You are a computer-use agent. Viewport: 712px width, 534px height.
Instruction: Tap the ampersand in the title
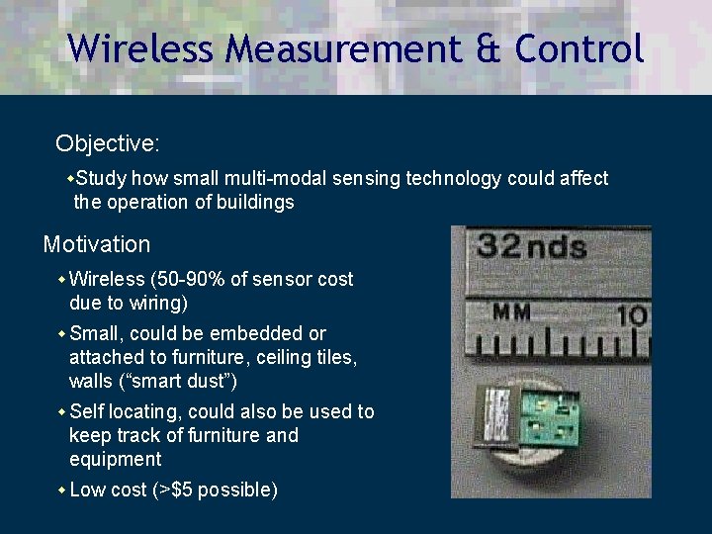click(x=487, y=47)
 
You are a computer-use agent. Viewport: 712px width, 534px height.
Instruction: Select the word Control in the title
click(x=579, y=47)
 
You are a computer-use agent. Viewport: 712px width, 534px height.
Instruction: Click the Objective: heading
click(x=107, y=144)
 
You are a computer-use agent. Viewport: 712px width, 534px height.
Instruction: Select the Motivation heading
click(x=97, y=244)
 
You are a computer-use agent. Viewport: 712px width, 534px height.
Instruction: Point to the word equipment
click(x=115, y=460)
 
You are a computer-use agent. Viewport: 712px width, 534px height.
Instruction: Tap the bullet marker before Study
click(x=69, y=179)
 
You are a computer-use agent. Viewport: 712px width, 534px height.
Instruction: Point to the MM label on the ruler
click(x=512, y=312)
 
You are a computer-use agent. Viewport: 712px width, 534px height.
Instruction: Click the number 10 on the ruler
click(x=631, y=315)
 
